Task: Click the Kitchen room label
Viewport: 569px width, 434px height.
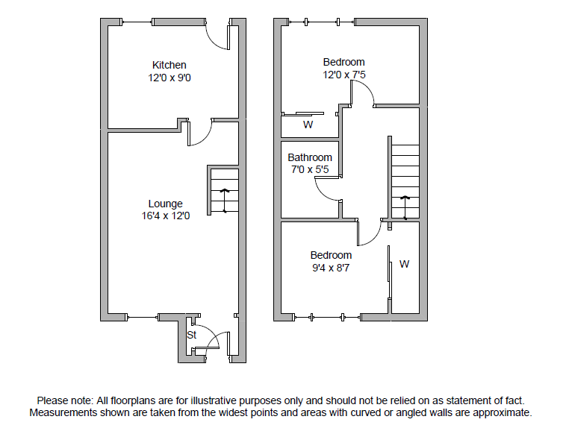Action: (x=169, y=65)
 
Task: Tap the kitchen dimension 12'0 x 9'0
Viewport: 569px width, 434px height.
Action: (x=169, y=77)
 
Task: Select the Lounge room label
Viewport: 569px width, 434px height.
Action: (x=165, y=204)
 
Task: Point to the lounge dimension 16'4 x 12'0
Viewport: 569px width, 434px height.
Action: (x=165, y=216)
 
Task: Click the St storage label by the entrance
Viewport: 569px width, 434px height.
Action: (x=191, y=336)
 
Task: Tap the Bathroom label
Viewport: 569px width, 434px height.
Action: (x=310, y=157)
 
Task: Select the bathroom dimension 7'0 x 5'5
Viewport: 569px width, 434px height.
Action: (x=310, y=169)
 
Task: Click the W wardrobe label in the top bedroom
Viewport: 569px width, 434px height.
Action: (x=308, y=125)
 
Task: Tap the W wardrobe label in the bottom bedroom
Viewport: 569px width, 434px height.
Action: (x=404, y=263)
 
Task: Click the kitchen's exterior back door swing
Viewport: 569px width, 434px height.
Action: (x=217, y=37)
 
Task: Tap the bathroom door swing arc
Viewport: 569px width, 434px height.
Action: (x=326, y=191)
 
